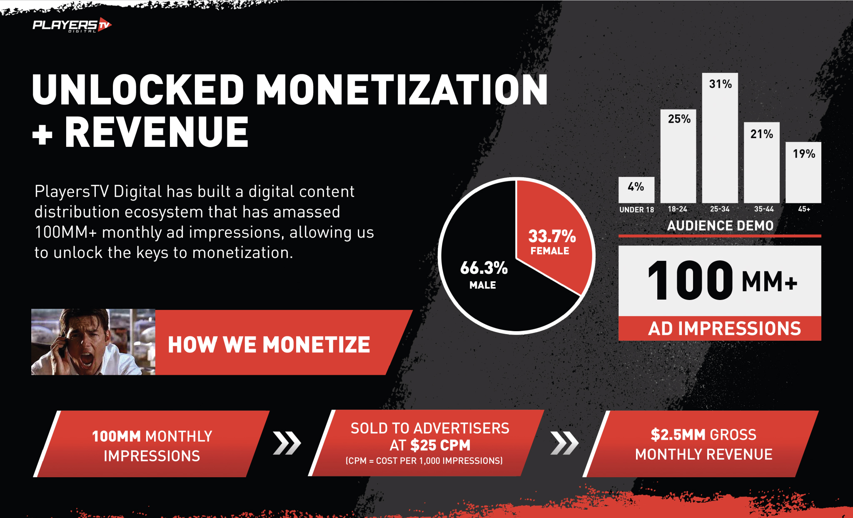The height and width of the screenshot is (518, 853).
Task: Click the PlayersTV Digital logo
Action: (x=72, y=25)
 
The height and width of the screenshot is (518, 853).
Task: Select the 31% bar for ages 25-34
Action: (x=720, y=138)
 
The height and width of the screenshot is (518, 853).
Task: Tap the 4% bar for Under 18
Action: (x=636, y=190)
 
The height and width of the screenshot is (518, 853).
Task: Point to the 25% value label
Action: (x=679, y=119)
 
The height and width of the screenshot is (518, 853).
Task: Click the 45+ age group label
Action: (x=804, y=209)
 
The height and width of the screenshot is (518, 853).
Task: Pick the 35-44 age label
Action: (x=763, y=209)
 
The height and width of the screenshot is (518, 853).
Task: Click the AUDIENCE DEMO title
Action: (x=720, y=226)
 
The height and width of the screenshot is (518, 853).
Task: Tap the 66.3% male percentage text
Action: (x=484, y=268)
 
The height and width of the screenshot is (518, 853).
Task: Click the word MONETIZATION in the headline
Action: (x=402, y=90)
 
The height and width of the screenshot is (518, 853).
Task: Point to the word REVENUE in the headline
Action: (x=157, y=132)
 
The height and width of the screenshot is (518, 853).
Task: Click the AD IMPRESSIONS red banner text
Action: (x=724, y=328)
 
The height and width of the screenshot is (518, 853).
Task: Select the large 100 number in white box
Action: (x=690, y=280)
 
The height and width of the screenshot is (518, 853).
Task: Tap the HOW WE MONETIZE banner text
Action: (x=269, y=345)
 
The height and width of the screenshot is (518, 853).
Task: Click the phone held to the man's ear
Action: (x=62, y=345)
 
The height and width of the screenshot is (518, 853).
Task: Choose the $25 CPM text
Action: (x=440, y=445)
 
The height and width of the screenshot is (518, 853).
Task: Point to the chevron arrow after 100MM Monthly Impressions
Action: (x=287, y=443)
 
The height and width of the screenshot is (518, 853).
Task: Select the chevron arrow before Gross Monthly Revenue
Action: (x=564, y=443)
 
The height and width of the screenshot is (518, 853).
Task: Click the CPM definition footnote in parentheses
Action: (x=424, y=461)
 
